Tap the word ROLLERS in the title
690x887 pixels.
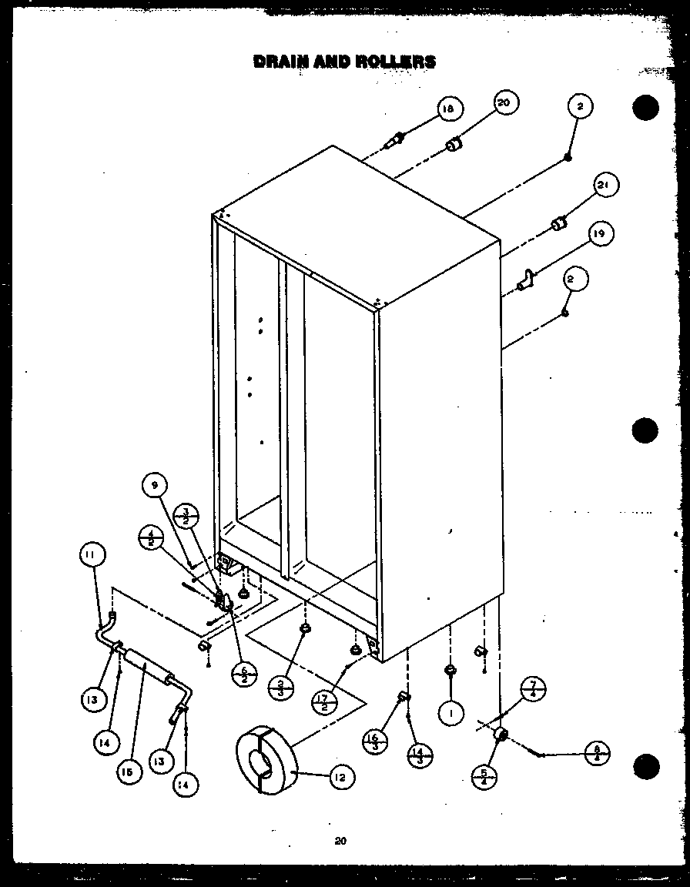point(397,62)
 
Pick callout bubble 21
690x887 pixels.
point(606,186)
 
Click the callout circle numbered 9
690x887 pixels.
point(154,485)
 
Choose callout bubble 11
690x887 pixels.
point(91,554)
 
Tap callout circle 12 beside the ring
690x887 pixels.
point(338,778)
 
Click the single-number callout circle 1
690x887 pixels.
point(451,713)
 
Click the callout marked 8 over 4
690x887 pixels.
point(597,752)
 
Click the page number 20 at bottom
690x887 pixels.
point(340,842)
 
